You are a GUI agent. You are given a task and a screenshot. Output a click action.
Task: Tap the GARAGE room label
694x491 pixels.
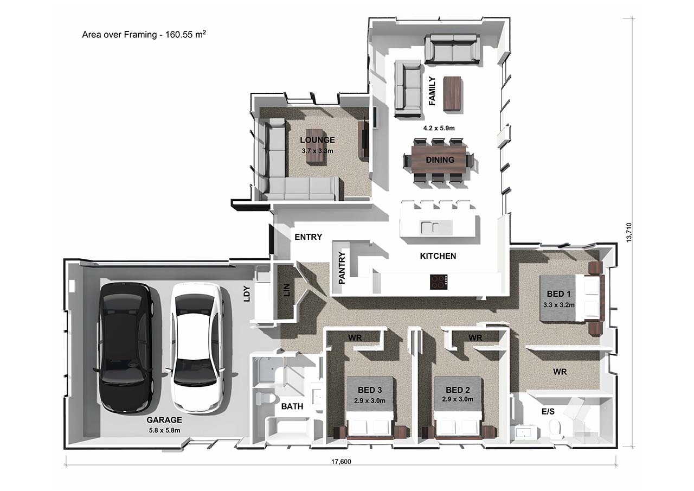coord(164,420)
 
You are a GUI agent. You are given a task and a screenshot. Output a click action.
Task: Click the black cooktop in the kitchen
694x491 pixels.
coord(439,282)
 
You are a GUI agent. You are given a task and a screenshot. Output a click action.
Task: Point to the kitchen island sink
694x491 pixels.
coord(430,228)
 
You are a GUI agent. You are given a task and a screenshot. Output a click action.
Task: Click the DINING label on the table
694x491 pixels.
coord(440,160)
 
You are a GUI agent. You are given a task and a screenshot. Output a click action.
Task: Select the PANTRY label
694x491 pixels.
coord(342,267)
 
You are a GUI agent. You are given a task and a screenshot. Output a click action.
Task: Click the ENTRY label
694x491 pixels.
coord(309,237)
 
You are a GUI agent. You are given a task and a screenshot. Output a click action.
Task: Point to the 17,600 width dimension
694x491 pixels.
coord(341,462)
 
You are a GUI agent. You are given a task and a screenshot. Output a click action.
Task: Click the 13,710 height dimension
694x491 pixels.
coord(629,233)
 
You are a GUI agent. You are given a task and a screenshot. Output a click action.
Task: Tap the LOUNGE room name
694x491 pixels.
coord(317,140)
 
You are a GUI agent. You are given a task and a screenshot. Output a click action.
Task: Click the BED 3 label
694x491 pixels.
coord(370,390)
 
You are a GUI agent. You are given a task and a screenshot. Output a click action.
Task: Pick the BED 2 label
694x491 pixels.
coord(458,390)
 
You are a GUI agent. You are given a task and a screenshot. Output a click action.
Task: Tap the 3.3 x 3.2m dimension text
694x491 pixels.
coord(559,305)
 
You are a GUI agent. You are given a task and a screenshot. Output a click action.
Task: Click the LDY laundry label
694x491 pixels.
coord(247,294)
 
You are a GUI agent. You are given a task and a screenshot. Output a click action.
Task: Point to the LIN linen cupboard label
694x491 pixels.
coord(287,290)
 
